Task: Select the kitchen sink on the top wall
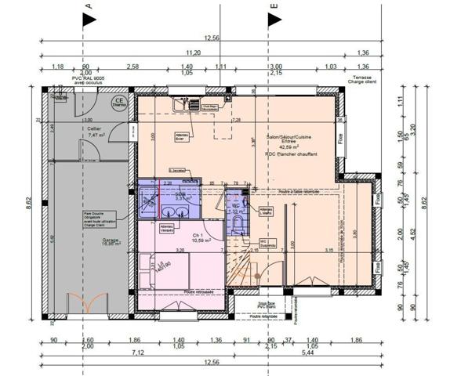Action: point(186,103)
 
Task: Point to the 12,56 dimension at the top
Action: point(211,38)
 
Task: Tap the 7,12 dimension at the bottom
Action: point(137,353)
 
